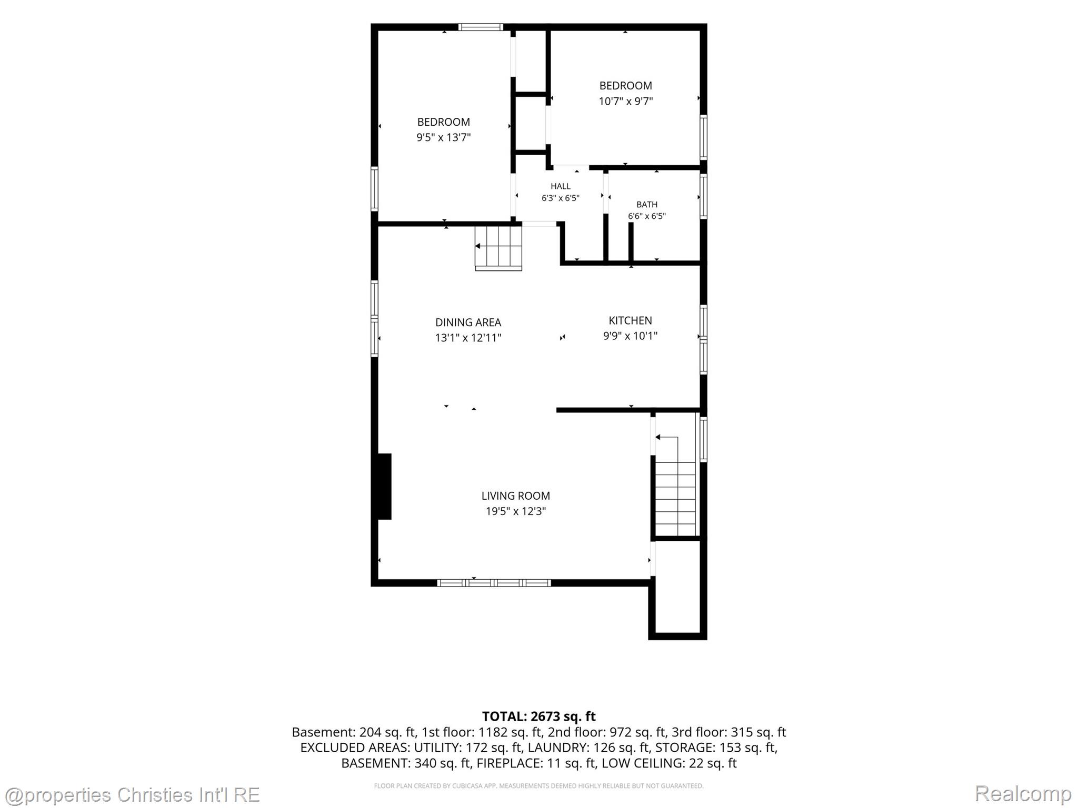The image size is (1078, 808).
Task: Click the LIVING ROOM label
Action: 515,496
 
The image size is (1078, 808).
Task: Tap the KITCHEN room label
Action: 630,320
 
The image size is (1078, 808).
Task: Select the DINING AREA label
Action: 468,322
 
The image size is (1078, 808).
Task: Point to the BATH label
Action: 646,205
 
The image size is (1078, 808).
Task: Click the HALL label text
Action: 560,186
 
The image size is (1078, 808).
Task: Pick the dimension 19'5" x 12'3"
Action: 515,511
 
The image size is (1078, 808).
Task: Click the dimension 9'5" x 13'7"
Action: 443,137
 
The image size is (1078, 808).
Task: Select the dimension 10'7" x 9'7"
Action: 625,101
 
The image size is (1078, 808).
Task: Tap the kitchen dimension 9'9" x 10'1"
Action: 630,336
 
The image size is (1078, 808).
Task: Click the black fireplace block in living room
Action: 384,487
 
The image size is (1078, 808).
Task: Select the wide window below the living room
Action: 494,582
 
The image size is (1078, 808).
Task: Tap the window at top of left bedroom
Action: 480,27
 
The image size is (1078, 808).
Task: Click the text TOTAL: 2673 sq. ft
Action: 538,716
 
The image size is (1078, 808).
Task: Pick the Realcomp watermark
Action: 1023,794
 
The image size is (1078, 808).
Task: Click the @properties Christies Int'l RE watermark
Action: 132,794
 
